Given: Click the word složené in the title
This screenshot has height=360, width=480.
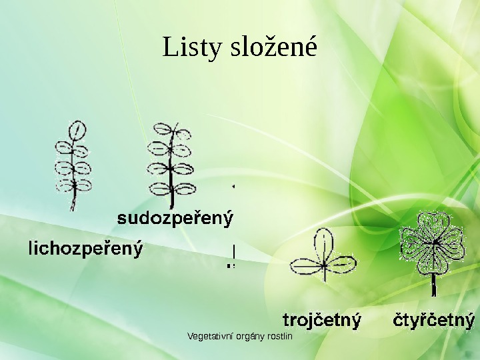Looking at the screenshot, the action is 273,48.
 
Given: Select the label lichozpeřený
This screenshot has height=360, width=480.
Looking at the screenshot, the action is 85,249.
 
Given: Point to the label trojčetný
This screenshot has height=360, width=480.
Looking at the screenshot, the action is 322,320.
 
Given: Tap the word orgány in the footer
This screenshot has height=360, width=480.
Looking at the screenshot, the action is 248,336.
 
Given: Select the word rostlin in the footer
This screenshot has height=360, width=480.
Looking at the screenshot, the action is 279,336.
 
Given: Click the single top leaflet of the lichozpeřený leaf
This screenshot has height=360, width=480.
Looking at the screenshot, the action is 78,129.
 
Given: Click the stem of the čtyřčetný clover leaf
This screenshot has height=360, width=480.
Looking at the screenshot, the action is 434,283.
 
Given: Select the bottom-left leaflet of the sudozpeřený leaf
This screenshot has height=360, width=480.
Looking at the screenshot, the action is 161,189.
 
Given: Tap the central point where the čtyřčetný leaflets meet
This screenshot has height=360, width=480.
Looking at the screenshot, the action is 433,244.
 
